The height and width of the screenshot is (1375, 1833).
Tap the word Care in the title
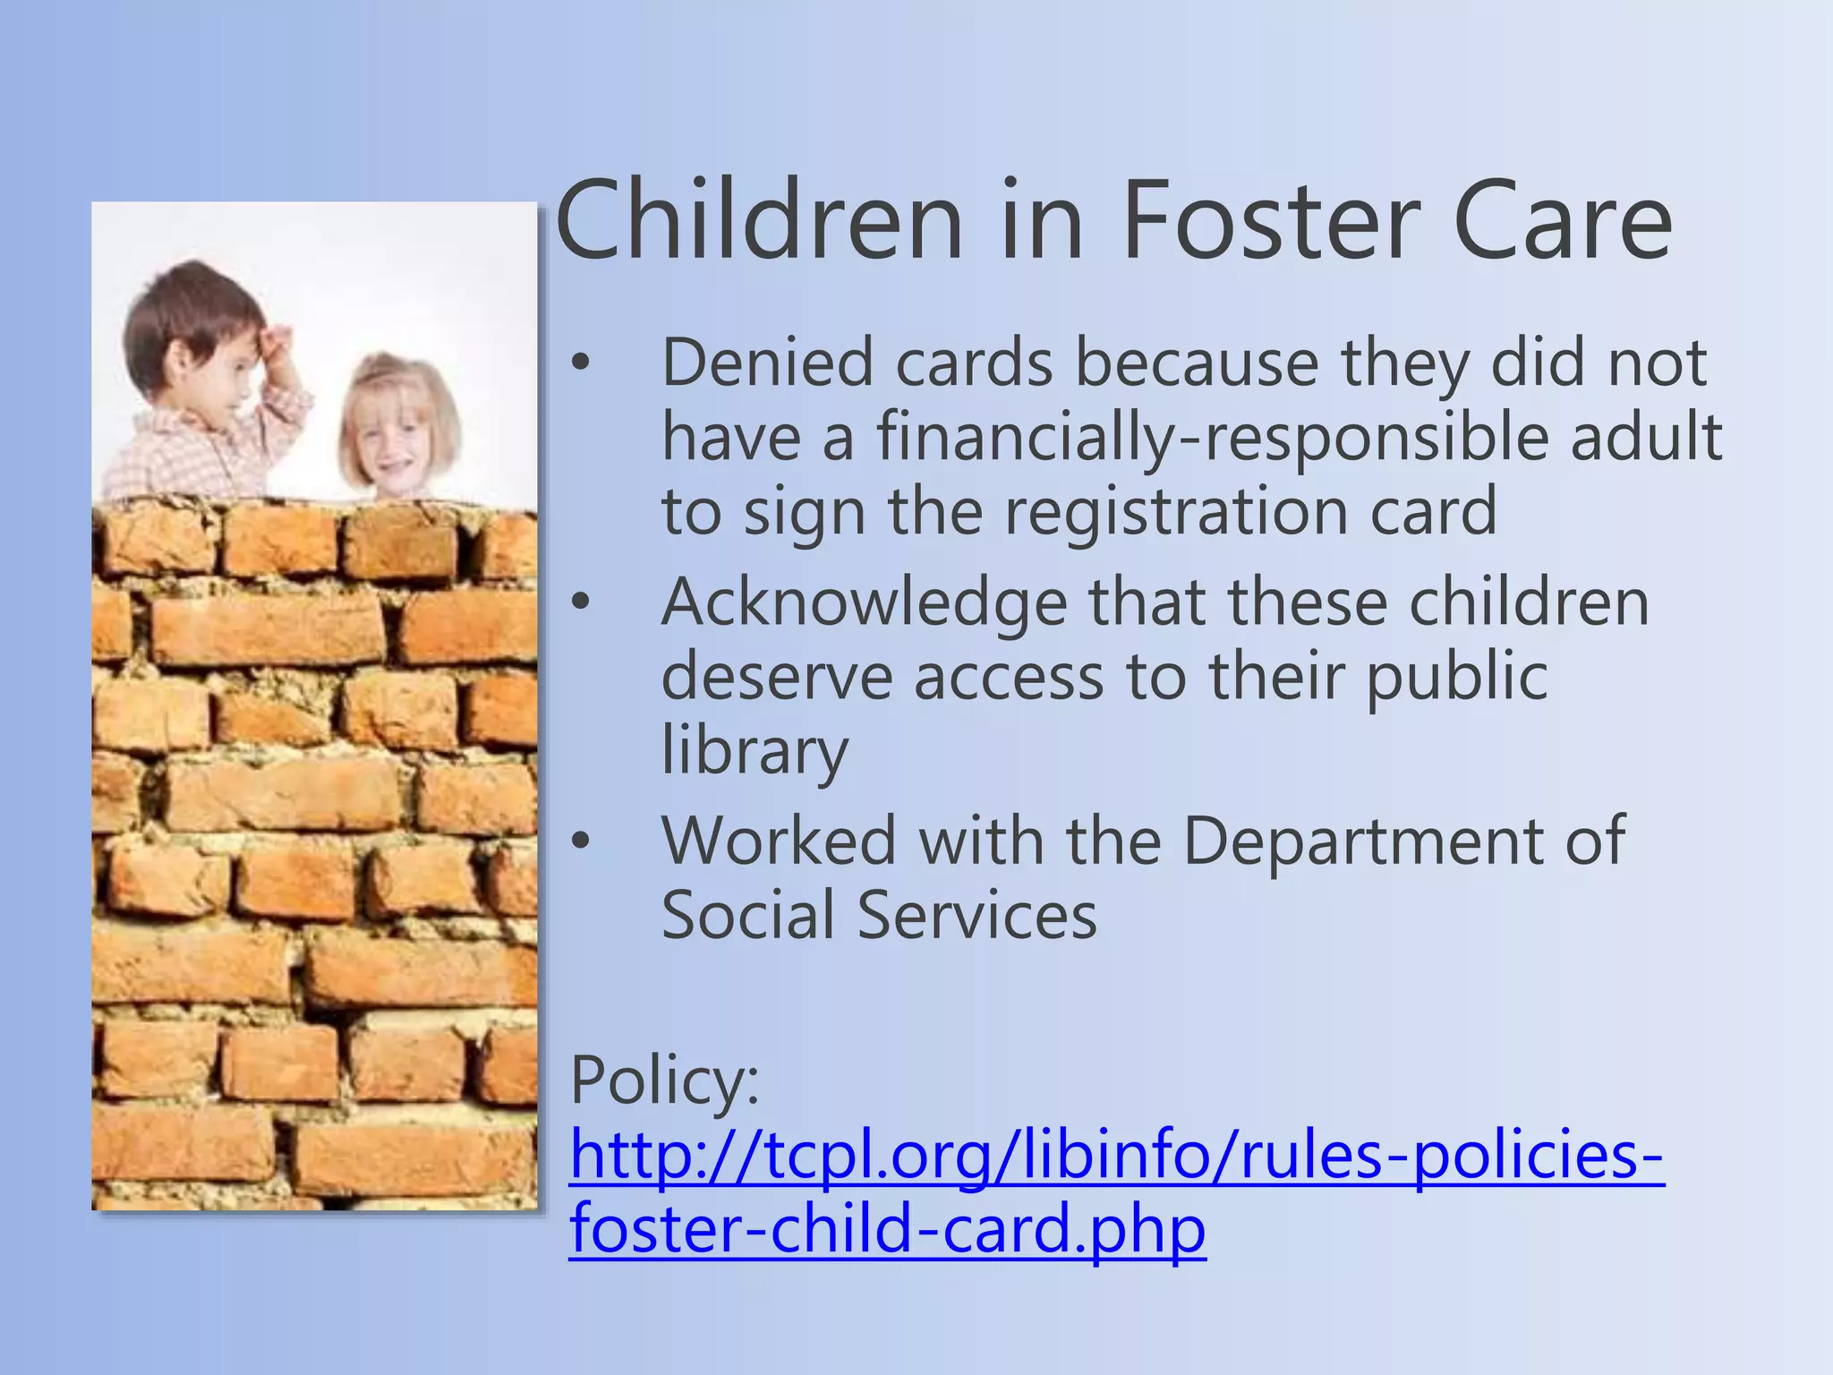[1562, 222]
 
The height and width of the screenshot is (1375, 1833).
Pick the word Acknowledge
[864, 602]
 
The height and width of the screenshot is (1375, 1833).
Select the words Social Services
[879, 915]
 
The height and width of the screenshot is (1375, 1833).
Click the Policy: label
[664, 1080]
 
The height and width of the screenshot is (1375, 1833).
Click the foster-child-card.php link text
[887, 1230]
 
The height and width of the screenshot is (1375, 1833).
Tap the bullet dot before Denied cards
[582, 364]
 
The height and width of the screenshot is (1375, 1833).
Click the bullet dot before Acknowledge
[582, 602]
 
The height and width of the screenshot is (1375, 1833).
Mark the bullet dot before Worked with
[582, 841]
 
